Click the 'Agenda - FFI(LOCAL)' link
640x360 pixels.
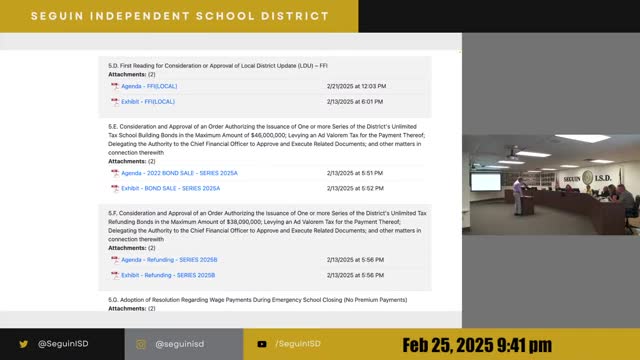[x=148, y=87]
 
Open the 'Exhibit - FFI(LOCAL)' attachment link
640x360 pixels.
[x=148, y=101]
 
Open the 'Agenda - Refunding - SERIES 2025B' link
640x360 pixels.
[x=167, y=260]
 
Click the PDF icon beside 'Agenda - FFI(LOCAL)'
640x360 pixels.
[x=115, y=87]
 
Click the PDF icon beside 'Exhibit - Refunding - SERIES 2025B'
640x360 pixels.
[x=115, y=274]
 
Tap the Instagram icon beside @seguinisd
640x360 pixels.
[x=141, y=343]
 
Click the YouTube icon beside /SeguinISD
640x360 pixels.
[x=261, y=343]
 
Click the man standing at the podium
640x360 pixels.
[x=516, y=196]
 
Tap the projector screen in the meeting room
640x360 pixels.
[x=485, y=182]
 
